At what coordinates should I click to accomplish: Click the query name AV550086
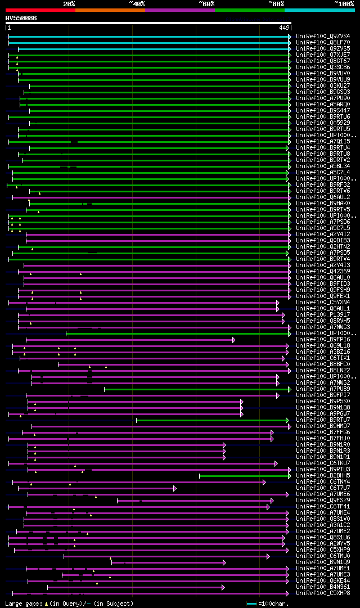pyautogui.click(x=21, y=18)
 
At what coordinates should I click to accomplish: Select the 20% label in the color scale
pyautogui.click(x=69, y=4)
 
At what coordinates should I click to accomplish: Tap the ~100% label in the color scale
pyautogui.click(x=344, y=4)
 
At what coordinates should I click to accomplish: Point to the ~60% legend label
pyautogui.click(x=206, y=4)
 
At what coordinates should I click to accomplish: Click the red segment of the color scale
pyautogui.click(x=40, y=10)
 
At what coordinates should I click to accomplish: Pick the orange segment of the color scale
pyautogui.click(x=110, y=10)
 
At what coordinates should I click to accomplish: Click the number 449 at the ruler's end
pyautogui.click(x=284, y=28)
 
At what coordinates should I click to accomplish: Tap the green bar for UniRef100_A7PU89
pyautogui.click(x=197, y=389)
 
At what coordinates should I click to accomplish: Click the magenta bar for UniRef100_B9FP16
pyautogui.click(x=129, y=340)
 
